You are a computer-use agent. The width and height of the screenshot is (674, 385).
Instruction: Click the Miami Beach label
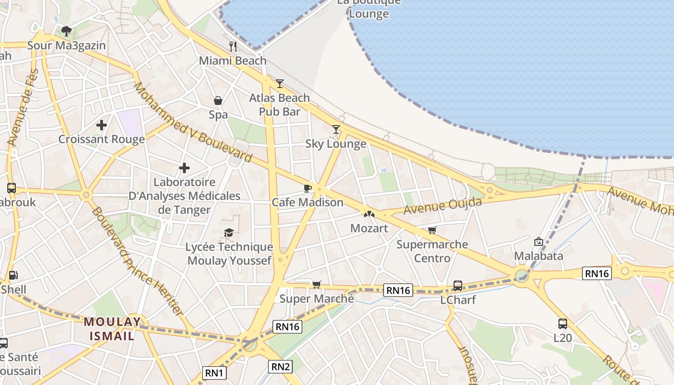[x=233, y=61]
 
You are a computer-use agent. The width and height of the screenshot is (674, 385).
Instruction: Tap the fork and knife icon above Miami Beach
[x=233, y=46]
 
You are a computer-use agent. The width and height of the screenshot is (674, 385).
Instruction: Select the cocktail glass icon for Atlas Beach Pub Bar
[x=280, y=84]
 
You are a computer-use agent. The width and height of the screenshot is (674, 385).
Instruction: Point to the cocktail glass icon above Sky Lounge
[x=336, y=129]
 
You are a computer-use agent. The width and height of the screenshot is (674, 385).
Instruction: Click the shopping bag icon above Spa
[x=218, y=101]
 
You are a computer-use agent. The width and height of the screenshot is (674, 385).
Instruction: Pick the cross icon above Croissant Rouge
[x=101, y=125]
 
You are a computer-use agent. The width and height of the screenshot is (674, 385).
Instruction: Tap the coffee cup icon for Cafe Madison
[x=308, y=188]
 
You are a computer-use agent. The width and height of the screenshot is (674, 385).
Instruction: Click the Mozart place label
[x=369, y=228]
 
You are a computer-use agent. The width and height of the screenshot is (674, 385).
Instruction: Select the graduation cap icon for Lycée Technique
[x=229, y=233]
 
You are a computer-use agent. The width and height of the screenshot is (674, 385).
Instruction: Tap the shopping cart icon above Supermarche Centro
[x=432, y=231]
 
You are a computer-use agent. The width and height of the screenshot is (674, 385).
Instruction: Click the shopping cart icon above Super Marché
[x=316, y=284]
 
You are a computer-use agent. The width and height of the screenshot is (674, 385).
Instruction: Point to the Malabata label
[x=538, y=256]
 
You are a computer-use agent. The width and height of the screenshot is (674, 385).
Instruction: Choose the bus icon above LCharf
[x=458, y=286]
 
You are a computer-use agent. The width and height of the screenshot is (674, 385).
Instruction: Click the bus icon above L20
[x=562, y=323]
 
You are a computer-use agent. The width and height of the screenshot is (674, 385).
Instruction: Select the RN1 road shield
[x=214, y=372]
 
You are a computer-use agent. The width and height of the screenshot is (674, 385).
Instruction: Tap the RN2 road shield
[x=281, y=367]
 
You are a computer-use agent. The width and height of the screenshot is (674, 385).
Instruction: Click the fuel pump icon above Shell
[x=13, y=275]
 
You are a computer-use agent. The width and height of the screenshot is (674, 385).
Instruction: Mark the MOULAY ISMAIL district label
[x=112, y=329]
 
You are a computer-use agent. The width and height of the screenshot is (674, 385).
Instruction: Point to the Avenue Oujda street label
[x=442, y=206]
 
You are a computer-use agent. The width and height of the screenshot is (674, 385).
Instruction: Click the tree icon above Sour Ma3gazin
[x=66, y=31]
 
